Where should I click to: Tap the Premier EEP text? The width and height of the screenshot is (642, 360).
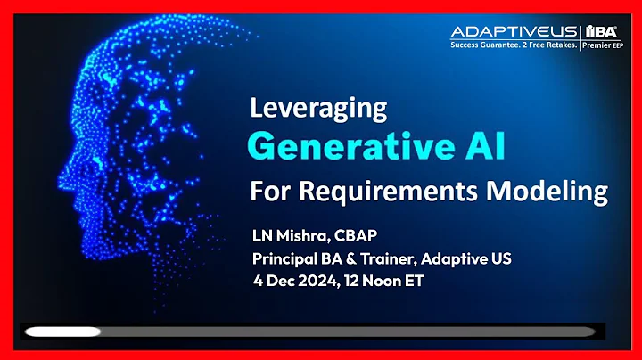604,42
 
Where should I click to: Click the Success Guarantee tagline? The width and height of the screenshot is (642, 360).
514,42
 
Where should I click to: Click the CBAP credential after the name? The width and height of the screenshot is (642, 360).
359,236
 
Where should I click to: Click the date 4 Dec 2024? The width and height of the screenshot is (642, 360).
294,282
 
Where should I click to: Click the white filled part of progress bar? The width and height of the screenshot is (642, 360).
62,331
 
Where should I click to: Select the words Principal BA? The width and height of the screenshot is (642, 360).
295,259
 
